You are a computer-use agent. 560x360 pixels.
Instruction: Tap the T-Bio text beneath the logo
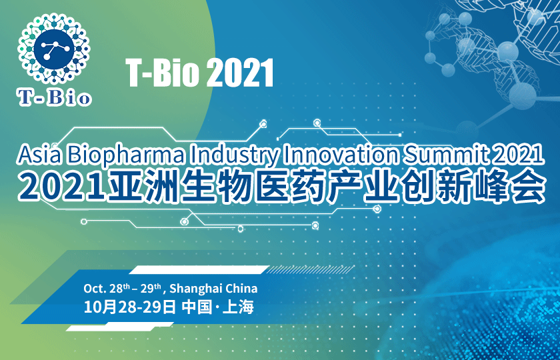[53, 98]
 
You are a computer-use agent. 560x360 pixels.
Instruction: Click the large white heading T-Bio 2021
[200, 73]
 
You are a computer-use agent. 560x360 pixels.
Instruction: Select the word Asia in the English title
[40, 155]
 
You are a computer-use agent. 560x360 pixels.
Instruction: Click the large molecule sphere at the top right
[507, 51]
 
